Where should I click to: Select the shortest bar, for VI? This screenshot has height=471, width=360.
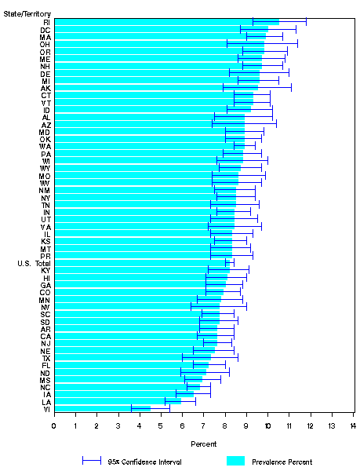click(x=102, y=408)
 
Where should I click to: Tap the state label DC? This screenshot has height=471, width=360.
click(x=46, y=29)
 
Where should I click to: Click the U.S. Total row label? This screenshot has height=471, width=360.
click(x=34, y=263)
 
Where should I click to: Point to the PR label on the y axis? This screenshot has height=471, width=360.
click(x=46, y=256)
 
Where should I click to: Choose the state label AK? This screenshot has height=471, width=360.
click(x=46, y=88)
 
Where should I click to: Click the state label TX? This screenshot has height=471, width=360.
click(x=46, y=357)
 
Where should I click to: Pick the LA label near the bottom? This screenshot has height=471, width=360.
click(x=46, y=401)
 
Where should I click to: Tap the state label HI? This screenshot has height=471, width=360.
click(x=46, y=278)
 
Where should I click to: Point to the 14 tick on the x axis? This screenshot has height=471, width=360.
click(x=353, y=425)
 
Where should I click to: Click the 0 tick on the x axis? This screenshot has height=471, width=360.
click(x=54, y=425)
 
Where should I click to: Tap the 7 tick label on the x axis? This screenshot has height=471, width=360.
click(x=204, y=425)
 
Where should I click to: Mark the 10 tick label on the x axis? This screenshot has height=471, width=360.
click(x=267, y=425)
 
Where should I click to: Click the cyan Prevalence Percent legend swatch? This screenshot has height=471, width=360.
click(x=236, y=462)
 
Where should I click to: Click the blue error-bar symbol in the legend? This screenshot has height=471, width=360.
click(x=93, y=462)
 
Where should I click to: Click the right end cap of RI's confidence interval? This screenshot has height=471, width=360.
click(x=307, y=21)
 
